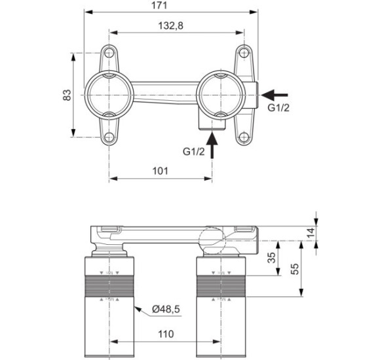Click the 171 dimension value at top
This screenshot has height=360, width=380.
(159, 5)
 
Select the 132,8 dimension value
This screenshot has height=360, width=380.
(170, 26)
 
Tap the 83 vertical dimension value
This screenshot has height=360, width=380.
(67, 95)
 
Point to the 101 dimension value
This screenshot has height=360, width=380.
(160, 171)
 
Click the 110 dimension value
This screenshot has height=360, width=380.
(166, 334)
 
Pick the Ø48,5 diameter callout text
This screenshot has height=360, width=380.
(166, 309)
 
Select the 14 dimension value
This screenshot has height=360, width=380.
(311, 232)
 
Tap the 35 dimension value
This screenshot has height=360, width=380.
(272, 258)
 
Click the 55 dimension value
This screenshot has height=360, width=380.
(295, 269)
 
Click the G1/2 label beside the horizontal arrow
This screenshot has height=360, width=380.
(278, 108)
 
